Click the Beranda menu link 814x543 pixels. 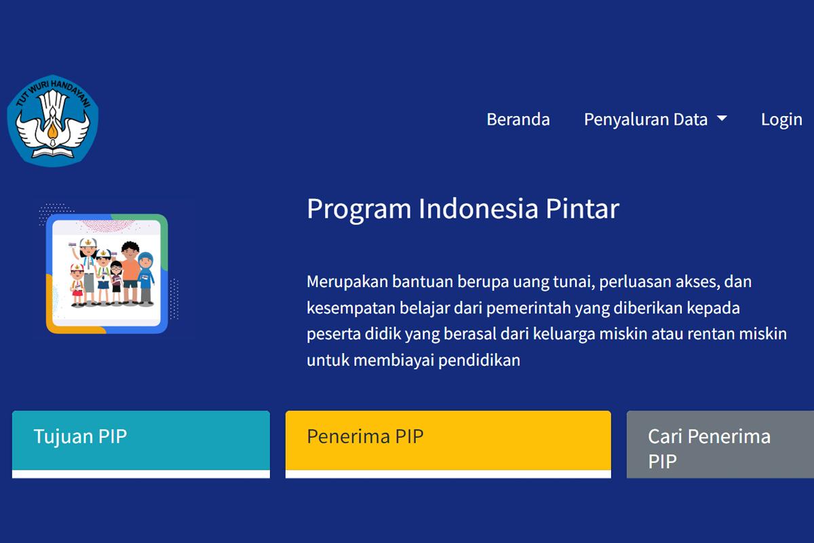(518, 119)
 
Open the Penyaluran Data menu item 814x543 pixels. (646, 120)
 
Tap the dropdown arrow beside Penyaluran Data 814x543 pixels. (722, 118)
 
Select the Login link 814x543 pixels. (781, 120)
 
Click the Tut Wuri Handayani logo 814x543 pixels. (53, 120)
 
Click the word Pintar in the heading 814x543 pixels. (583, 208)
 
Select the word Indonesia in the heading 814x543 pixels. (478, 208)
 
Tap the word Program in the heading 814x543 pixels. (359, 210)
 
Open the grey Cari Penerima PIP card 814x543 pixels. (720, 444)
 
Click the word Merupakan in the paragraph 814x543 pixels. (347, 282)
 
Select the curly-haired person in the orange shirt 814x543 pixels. (130, 273)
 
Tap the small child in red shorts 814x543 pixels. (77, 285)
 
